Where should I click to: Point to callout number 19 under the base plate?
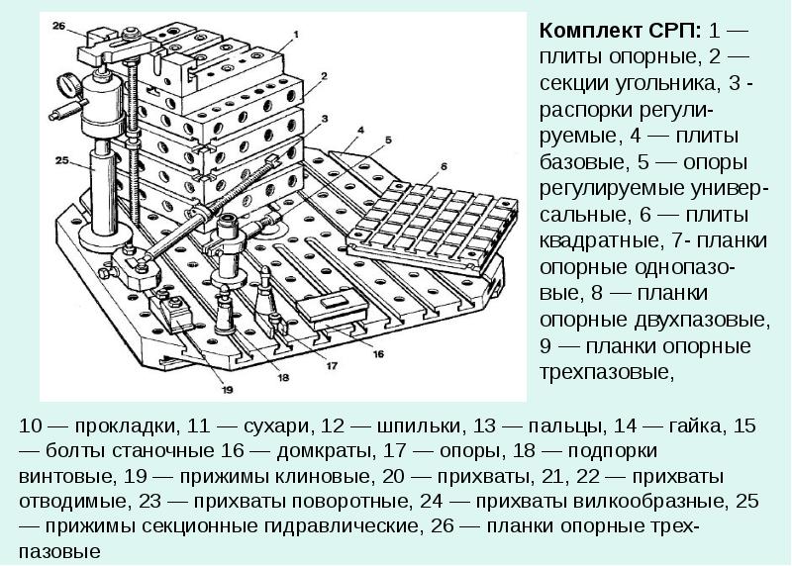tap(228, 389)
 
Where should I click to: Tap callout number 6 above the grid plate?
tap(443, 165)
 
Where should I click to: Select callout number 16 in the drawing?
tap(378, 351)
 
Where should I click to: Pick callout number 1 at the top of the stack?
tap(295, 35)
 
